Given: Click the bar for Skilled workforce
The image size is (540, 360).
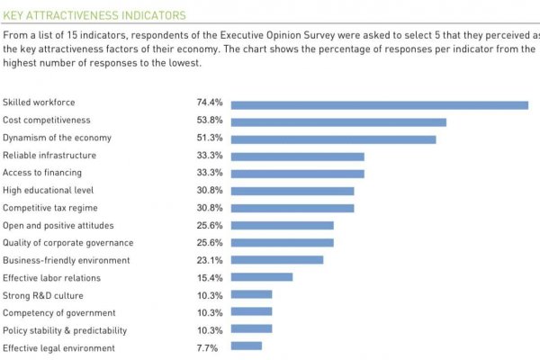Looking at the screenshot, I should (x=379, y=104).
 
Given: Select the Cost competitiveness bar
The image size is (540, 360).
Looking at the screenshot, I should (x=338, y=121).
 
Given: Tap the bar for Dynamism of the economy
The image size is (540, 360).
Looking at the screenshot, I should (x=333, y=139).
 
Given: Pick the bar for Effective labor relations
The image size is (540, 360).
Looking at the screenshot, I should (x=262, y=277).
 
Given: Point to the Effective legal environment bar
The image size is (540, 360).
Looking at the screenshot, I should (x=247, y=346).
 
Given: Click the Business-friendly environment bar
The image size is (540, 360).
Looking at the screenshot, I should (x=277, y=260).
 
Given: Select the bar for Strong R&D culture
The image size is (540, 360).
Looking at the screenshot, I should (x=251, y=294).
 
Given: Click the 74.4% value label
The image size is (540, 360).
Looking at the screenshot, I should (x=210, y=103).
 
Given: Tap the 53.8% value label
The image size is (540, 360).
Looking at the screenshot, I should (x=210, y=121).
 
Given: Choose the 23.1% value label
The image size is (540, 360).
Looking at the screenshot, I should (x=210, y=260).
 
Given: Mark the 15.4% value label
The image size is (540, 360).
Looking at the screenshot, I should (x=210, y=277).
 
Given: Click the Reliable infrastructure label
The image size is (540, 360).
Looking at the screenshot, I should (x=49, y=156).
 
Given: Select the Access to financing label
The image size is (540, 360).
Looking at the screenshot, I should (x=42, y=173).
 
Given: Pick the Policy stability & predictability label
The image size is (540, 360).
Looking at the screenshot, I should (x=65, y=329).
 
